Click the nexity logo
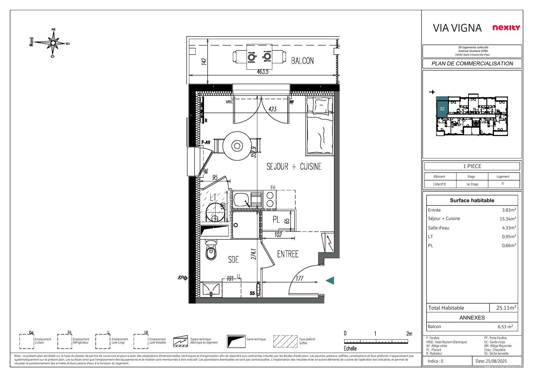click(506, 28)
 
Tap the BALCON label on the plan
click(302, 61)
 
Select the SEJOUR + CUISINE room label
click(294, 166)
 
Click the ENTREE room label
click(288, 254)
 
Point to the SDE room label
click(234, 260)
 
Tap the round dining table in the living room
click(237, 146)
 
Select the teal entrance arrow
click(330, 281)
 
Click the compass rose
click(53, 43)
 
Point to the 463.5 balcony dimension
click(262, 72)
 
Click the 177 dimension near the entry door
click(299, 278)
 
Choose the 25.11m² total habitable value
click(506, 308)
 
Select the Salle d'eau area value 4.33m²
click(509, 228)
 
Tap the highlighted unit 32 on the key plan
click(442, 109)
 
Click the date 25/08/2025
click(495, 361)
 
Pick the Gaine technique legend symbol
click(236, 341)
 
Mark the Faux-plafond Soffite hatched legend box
click(285, 341)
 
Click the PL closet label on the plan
click(276, 219)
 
